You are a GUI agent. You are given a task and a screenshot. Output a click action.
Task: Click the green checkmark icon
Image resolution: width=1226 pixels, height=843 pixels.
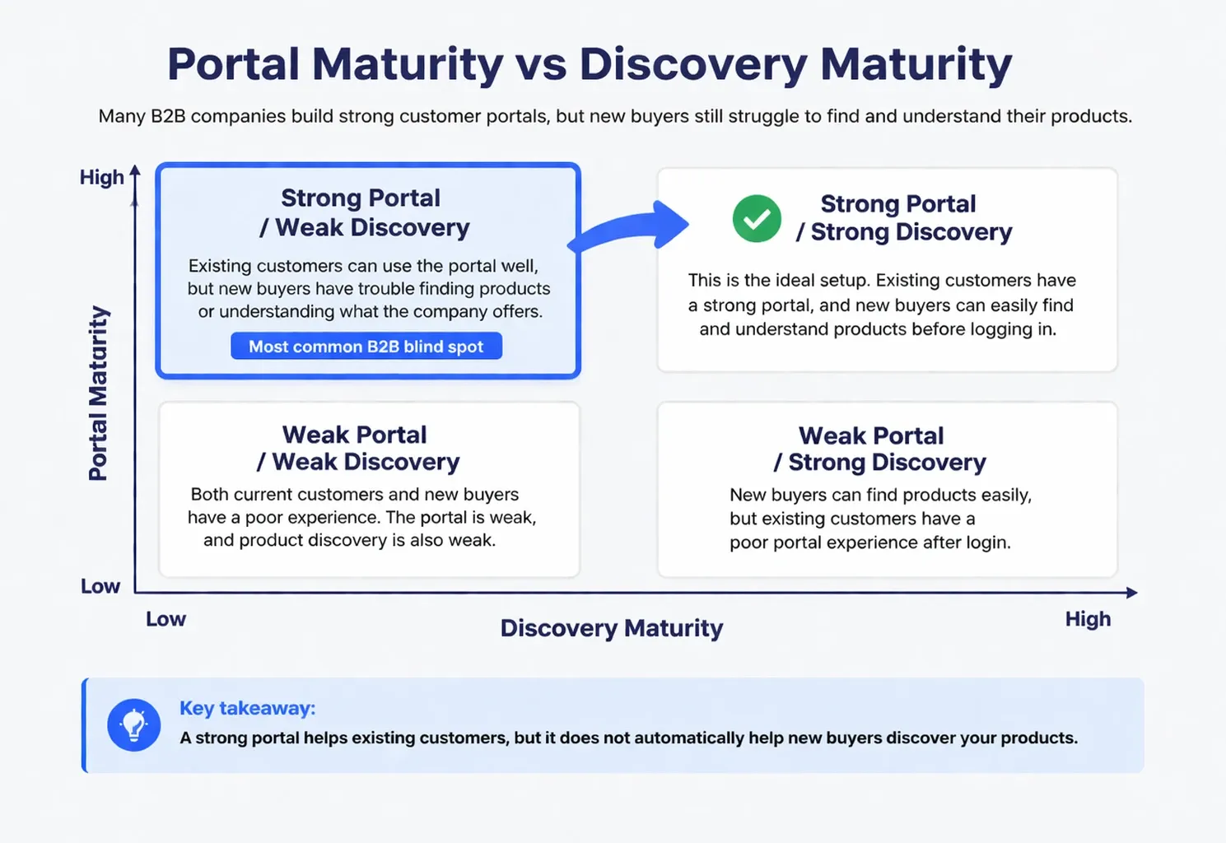pyautogui.click(x=757, y=219)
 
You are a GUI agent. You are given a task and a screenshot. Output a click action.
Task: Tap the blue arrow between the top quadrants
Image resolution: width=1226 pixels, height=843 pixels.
pyautogui.click(x=634, y=226)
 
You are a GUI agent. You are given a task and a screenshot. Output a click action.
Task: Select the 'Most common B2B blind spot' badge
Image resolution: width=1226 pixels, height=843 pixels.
pyautogui.click(x=366, y=347)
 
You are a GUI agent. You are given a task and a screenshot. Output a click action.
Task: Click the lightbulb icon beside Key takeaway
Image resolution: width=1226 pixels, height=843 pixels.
pyautogui.click(x=133, y=725)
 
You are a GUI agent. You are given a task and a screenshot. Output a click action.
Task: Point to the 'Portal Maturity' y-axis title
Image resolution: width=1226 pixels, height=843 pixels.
pyautogui.click(x=98, y=393)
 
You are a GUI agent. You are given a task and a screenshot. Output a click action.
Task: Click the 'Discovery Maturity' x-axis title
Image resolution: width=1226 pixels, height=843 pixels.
pyautogui.click(x=612, y=628)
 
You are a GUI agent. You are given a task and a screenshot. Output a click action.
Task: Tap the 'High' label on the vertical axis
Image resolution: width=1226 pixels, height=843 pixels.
pyautogui.click(x=101, y=177)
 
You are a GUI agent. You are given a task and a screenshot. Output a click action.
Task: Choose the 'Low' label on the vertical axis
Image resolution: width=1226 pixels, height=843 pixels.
pyautogui.click(x=100, y=586)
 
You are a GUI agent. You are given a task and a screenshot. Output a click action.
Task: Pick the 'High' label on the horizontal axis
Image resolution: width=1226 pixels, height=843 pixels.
pyautogui.click(x=1088, y=619)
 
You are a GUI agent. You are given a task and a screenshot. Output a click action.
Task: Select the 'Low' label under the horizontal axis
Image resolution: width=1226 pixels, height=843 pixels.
pyautogui.click(x=165, y=619)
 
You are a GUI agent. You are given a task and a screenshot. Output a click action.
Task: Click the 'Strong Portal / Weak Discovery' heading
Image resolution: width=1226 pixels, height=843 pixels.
pyautogui.click(x=363, y=212)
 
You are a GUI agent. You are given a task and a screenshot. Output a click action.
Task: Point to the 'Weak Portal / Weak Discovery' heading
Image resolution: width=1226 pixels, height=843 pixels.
pyautogui.click(x=357, y=448)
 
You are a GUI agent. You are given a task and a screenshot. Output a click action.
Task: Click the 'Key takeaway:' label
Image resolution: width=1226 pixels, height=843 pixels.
pyautogui.click(x=247, y=708)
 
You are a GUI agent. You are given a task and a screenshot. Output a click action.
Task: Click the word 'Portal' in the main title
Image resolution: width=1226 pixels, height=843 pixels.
pyautogui.click(x=233, y=64)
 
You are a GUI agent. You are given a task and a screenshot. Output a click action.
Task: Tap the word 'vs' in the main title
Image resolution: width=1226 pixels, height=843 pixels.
pyautogui.click(x=540, y=64)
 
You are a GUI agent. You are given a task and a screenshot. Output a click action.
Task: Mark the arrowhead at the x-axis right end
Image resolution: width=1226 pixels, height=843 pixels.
pyautogui.click(x=1132, y=593)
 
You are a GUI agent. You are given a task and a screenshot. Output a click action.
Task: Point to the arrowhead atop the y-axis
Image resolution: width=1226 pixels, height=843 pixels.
pyautogui.click(x=135, y=170)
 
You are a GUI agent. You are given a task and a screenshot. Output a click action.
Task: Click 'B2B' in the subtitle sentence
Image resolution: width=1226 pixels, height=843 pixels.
pyautogui.click(x=168, y=116)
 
